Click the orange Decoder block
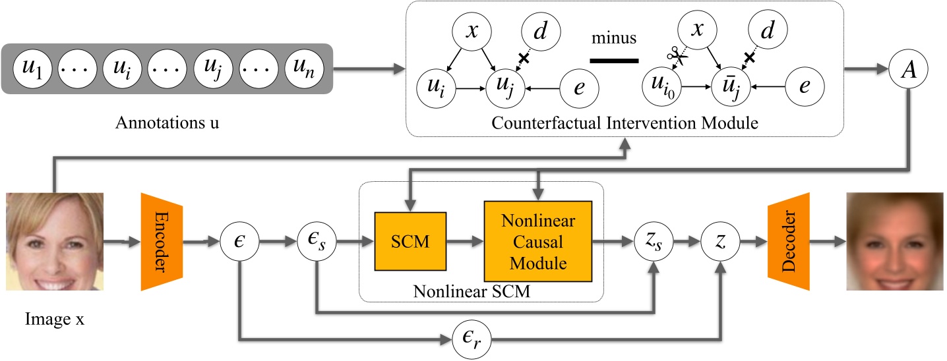tap(788, 242)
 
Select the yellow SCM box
tap(410, 242)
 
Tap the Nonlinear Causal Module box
tap(535, 242)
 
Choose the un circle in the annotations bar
tap(305, 69)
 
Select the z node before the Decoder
tap(721, 242)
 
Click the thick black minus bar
tap(614, 61)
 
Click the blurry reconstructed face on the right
tap(894, 242)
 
